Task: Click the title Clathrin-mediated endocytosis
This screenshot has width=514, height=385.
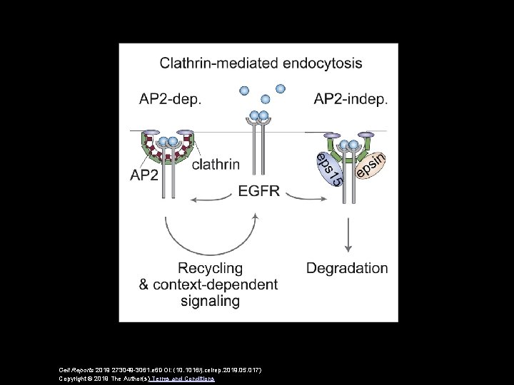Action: click(261, 63)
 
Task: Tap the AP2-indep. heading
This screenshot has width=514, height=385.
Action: click(351, 99)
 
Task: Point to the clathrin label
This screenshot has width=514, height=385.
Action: click(216, 165)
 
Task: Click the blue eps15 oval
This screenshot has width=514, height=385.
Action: click(328, 170)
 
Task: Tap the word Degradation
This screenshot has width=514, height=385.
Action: click(347, 269)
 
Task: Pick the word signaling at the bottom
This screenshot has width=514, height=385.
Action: click(209, 302)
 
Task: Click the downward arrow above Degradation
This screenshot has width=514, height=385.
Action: click(348, 231)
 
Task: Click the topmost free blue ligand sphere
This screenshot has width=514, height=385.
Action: click(280, 88)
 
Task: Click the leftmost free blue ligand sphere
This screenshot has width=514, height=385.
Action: click(244, 91)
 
